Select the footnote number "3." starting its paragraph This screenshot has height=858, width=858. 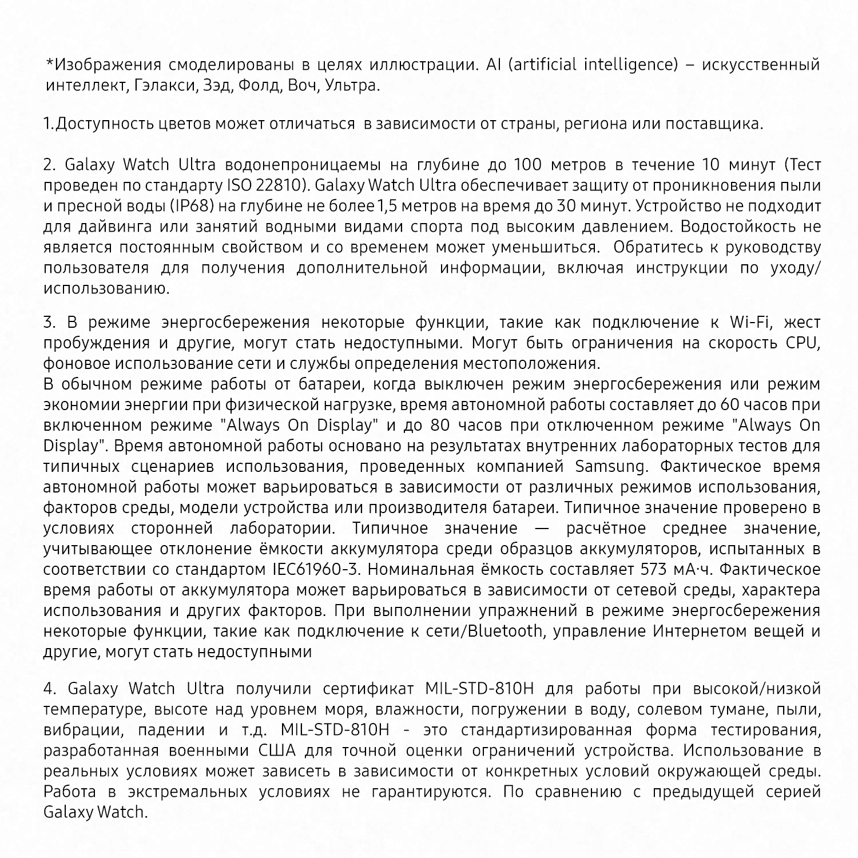[x=50, y=323]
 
